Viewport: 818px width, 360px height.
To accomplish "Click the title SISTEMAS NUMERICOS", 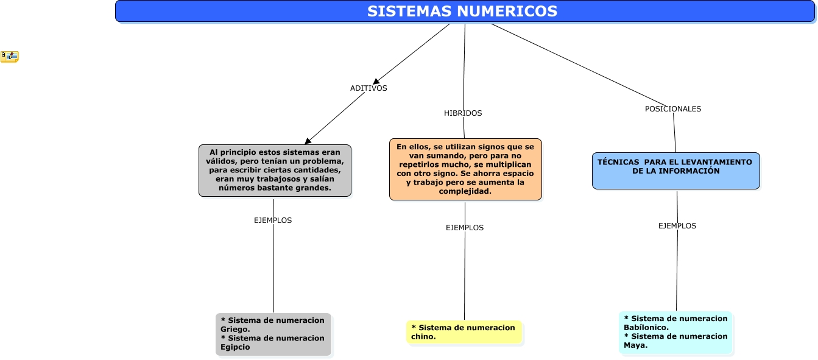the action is pos(462,12).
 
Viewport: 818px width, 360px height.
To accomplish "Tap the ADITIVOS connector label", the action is pos(368,88).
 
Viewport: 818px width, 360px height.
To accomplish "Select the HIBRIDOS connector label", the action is pos(463,113).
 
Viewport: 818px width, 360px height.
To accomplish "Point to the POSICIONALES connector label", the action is pos(673,109).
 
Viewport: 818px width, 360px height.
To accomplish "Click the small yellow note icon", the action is pos(10,57).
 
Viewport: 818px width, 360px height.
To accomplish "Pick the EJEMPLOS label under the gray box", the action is pos(273,221).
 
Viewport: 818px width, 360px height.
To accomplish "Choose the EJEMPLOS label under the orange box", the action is pos(465,228).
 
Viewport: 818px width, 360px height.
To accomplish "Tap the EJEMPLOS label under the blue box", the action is pos(677,226).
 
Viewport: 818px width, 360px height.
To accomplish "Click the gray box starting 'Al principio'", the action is pos(275,171).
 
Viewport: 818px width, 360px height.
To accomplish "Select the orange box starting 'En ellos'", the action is pos(465,169).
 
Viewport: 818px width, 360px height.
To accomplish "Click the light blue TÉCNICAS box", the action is pos(676,171).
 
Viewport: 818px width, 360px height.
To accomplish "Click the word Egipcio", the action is pos(235,347).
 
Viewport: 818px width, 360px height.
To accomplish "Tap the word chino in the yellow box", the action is pos(423,336).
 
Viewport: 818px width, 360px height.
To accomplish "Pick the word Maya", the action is pos(635,345).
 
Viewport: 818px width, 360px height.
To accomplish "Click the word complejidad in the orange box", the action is pos(465,191).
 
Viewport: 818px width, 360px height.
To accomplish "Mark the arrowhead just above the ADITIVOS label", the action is pos(377,80).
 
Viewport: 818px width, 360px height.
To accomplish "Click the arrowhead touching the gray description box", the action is pos(308,141).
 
